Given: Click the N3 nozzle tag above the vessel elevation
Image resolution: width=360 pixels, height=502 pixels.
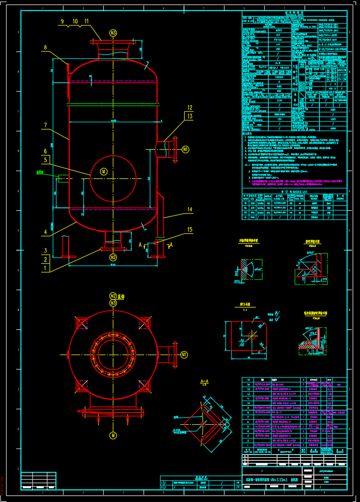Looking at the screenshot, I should tap(113, 33).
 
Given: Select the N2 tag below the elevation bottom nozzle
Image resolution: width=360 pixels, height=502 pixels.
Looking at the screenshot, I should tap(113, 258).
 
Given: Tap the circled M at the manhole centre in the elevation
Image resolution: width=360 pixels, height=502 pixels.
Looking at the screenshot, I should tap(104, 172).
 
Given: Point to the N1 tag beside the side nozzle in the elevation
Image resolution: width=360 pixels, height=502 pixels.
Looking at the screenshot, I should tap(185, 149).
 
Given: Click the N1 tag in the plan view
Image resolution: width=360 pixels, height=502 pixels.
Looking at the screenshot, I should tap(184, 354).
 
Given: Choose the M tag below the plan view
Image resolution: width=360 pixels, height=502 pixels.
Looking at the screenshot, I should tap(113, 435).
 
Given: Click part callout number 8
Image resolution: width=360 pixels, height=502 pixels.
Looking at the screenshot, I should tap(45, 47).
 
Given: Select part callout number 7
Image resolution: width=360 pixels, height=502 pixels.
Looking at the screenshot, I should tap(45, 125).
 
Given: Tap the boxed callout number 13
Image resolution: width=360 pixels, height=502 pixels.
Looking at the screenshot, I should tap(189, 116).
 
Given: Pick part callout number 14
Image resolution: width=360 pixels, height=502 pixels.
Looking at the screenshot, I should tap(189, 209).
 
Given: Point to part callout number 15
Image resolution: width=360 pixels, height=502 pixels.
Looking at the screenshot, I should tap(189, 230).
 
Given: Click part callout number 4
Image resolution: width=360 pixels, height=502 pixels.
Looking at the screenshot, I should tap(45, 232).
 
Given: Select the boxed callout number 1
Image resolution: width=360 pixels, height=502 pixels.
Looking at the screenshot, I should tap(45, 268).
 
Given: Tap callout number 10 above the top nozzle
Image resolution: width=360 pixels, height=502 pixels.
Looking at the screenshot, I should tap(75, 21).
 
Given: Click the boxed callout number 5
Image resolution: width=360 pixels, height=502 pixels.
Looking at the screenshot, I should tap(45, 160).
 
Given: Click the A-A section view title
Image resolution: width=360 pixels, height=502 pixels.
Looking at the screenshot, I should tap(205, 381).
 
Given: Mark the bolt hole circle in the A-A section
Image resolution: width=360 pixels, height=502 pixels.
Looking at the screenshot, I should tap(202, 424).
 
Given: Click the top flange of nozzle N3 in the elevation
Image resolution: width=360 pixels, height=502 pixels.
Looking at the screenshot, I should tap(113, 42).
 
